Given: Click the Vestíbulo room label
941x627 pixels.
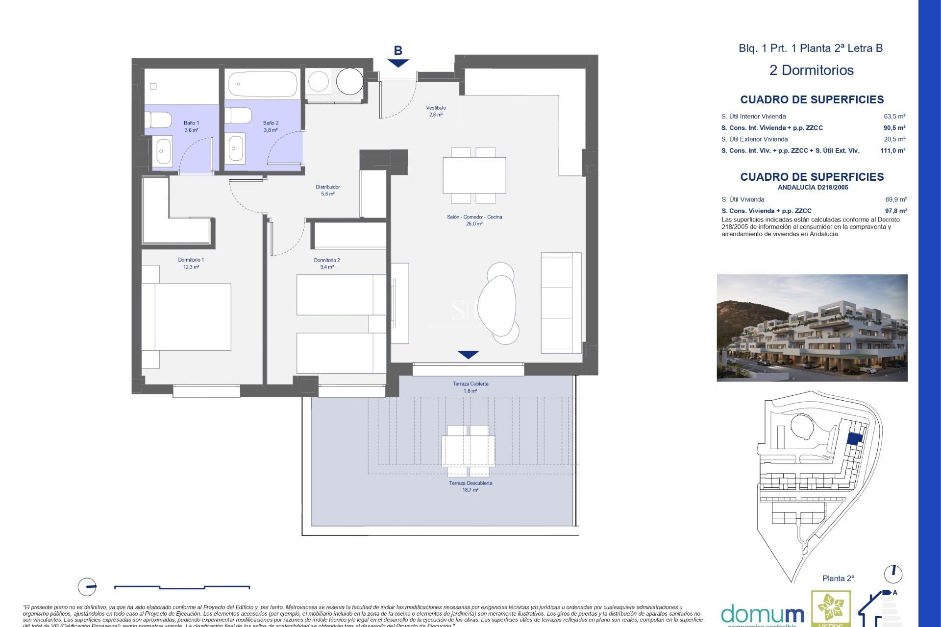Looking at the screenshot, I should tap(436, 111).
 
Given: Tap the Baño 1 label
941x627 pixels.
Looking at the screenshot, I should tap(191, 126).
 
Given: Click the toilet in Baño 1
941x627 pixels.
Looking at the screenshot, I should tap(158, 120).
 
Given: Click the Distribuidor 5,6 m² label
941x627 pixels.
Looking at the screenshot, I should tap(327, 190).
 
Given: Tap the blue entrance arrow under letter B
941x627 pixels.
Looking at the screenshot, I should tap(398, 63).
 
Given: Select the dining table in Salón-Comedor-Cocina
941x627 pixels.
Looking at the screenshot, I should tap(474, 175).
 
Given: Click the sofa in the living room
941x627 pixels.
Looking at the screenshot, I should tap(561, 303).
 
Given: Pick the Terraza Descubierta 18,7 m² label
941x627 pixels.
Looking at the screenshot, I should tap(470, 486).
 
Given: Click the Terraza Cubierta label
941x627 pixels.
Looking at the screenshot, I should tap(470, 387).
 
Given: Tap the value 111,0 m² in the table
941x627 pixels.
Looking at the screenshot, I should tap(892, 150).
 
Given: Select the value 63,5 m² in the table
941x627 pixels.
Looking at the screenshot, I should tap(894, 117).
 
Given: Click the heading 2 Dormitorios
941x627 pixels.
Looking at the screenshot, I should tap(811, 70).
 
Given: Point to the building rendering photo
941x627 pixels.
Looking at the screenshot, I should tap(812, 327).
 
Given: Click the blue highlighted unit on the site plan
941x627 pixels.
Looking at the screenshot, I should tap(855, 439).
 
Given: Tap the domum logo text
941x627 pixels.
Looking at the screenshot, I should tap(762, 614).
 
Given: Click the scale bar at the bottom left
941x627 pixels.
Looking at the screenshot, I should tap(182, 587).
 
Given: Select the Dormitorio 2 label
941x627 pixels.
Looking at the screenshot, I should tap(326, 264).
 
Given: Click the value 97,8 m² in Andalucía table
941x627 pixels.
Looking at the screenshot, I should tap(895, 211).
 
